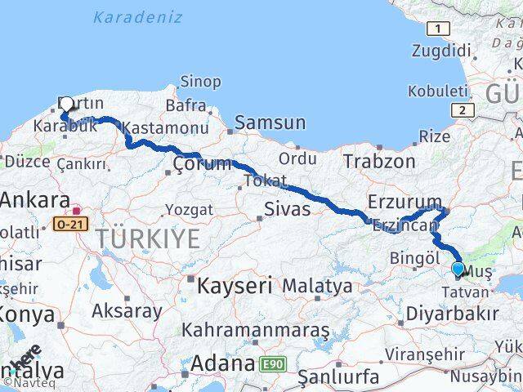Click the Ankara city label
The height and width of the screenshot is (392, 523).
pyautogui.click(x=34, y=201)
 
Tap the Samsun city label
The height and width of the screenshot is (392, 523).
pyautogui.click(x=270, y=123)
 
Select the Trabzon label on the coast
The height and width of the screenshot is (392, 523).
pyautogui.click(x=379, y=161)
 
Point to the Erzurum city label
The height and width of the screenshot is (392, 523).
pyautogui.click(x=405, y=202)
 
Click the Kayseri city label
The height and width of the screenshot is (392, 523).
pyautogui.click(x=233, y=286)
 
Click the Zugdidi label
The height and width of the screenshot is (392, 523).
pyautogui.click(x=437, y=50)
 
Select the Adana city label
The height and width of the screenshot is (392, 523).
pyautogui.click(x=219, y=363)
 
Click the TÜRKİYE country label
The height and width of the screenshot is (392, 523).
pyautogui.click(x=148, y=239)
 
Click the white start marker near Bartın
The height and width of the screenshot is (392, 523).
pyautogui.click(x=66, y=104)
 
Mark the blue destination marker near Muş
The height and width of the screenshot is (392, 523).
pyautogui.click(x=458, y=268)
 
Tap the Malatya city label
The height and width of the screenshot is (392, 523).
pyautogui.click(x=317, y=287)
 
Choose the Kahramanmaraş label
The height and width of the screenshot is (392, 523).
pyautogui.click(x=255, y=331)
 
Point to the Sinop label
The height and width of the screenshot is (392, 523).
pyautogui.click(x=200, y=82)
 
